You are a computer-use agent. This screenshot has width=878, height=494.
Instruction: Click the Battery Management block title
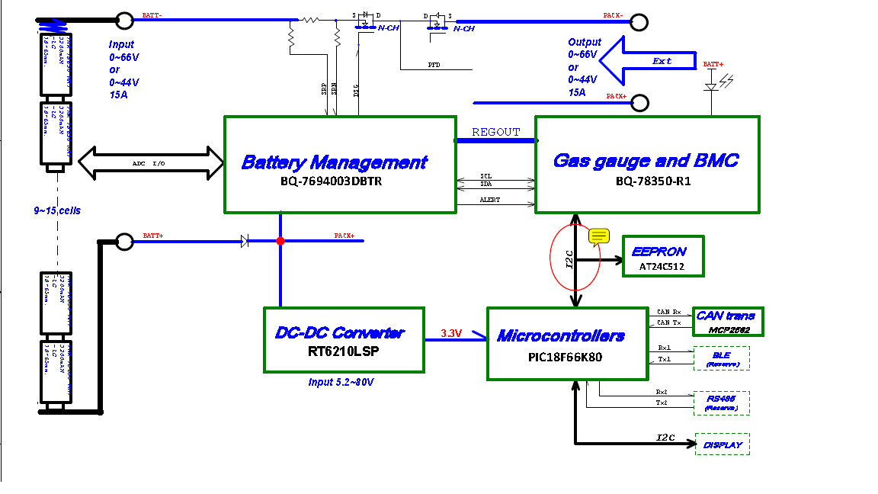tap(334, 162)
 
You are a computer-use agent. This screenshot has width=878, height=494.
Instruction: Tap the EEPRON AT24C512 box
tap(663, 256)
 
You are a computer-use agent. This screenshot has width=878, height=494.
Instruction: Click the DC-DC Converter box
tap(344, 340)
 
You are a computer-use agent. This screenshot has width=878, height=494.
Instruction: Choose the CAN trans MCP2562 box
tap(728, 322)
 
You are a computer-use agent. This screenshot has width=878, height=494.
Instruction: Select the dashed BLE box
tap(722, 358)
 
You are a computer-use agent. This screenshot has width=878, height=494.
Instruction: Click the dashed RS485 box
tap(722, 403)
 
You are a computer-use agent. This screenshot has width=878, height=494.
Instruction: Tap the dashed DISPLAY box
tap(723, 444)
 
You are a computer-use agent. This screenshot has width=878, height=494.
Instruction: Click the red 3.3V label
tap(452, 333)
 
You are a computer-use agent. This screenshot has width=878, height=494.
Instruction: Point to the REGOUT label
tap(495, 132)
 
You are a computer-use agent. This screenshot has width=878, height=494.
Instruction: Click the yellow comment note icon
tap(598, 236)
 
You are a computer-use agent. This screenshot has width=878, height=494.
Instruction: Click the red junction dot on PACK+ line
tap(280, 241)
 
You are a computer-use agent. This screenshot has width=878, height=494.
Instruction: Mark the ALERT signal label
tap(489, 200)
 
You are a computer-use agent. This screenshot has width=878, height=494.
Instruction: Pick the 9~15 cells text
tap(57, 210)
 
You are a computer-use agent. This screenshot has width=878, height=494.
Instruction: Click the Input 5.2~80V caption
tap(341, 382)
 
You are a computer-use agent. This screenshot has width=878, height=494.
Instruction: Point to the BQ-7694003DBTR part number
tap(335, 183)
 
